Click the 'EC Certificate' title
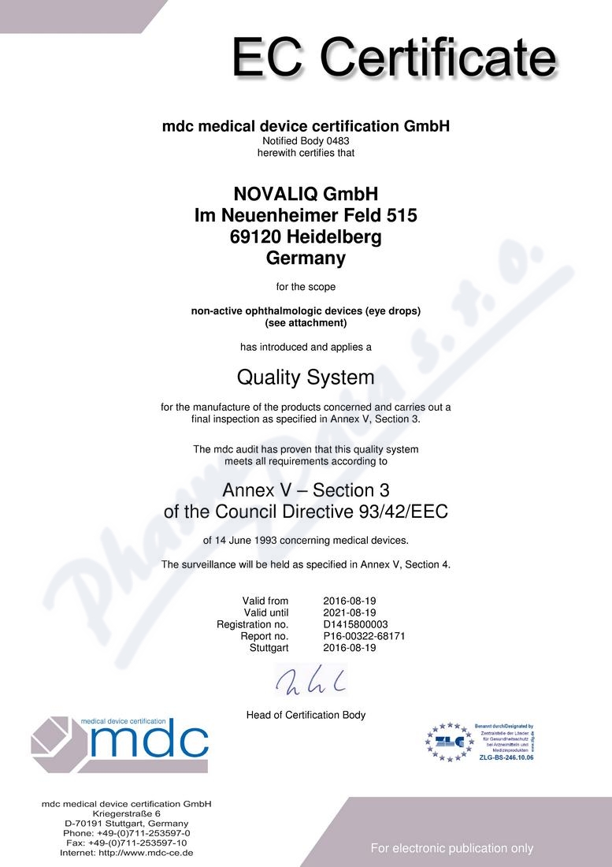[x=393, y=59]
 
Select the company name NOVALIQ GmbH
[x=306, y=194]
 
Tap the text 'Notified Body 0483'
[x=306, y=141]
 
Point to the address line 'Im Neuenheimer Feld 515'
[x=306, y=215]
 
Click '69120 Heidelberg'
[x=306, y=236]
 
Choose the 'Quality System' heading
[x=306, y=378]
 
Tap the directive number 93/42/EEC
[x=400, y=512]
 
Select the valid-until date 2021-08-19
[x=350, y=612]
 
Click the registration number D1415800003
[x=355, y=624]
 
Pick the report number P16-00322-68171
[x=364, y=636]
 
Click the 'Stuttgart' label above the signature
[x=269, y=648]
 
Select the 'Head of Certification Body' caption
[x=306, y=715]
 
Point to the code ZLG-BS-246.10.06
[x=506, y=757]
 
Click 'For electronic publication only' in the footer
[x=452, y=848]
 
